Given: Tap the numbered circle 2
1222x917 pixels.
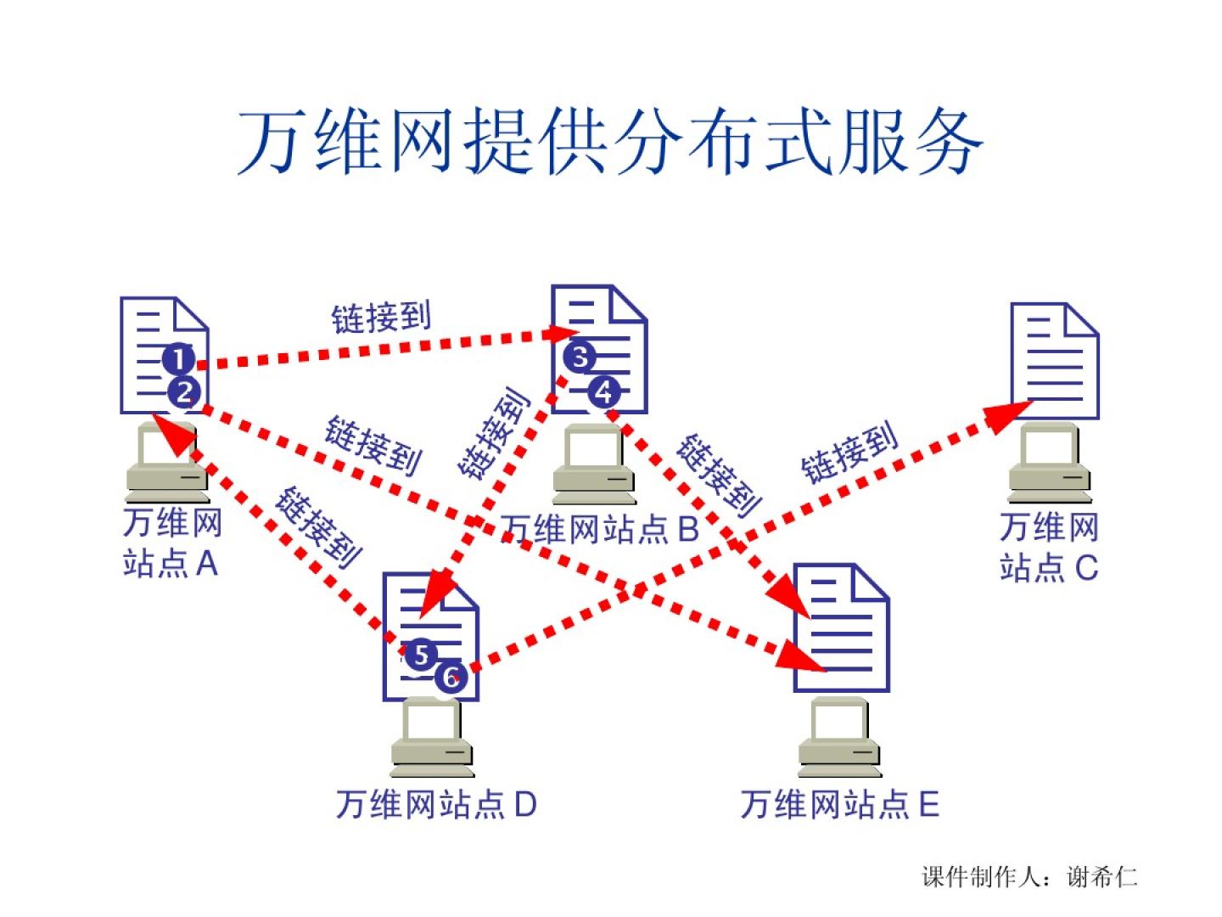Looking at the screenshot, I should pos(184,392).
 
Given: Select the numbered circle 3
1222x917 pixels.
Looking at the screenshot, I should pos(580,357).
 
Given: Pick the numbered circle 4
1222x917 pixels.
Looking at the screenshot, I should pos(604,392).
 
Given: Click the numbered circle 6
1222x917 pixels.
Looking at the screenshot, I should pos(451,677).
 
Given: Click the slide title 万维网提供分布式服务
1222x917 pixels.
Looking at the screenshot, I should pos(609,142).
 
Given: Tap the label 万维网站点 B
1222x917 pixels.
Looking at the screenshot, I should pos(599,529).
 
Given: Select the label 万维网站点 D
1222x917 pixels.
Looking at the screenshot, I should pos(436,804).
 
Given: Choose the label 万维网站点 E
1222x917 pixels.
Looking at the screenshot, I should pos(839,804).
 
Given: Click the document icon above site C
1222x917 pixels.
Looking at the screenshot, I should pos(1055,361).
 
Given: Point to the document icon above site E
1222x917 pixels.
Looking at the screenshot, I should pos(840,627).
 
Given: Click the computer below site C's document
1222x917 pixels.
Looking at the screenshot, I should pos(1050,465).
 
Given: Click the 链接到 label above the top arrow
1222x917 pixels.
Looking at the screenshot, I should pos(381,318).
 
